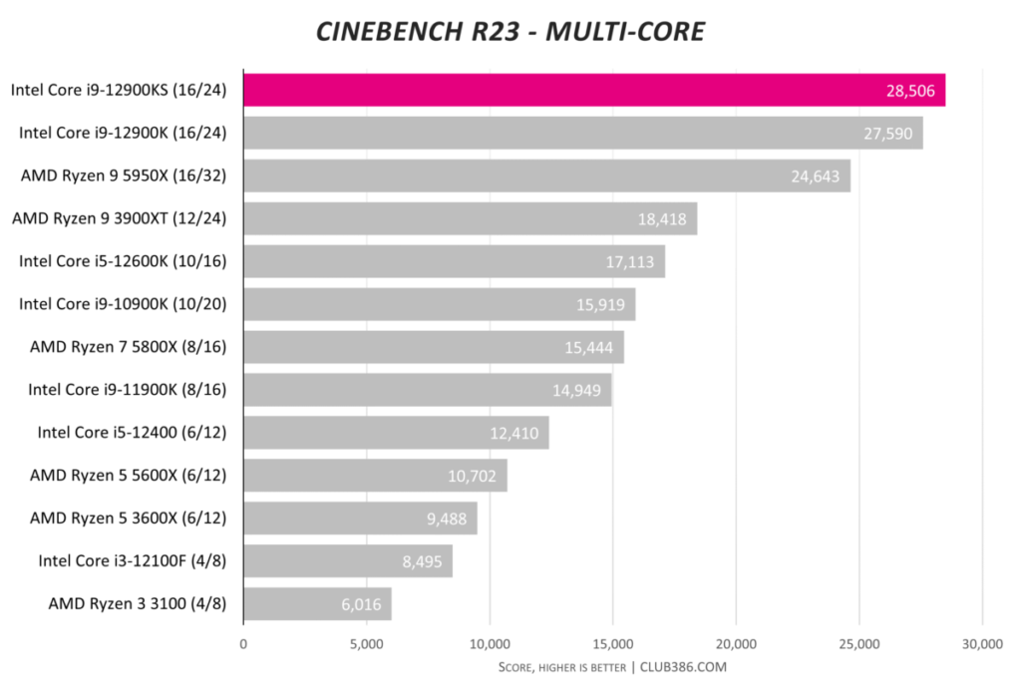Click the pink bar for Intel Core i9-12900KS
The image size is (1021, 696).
(x=593, y=90)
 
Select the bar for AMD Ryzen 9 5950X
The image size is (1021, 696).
(x=546, y=175)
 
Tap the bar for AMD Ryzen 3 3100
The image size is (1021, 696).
(x=317, y=603)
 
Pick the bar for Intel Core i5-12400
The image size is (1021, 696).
(x=396, y=433)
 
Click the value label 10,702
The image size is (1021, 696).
(x=473, y=476)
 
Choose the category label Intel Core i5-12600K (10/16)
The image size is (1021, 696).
(x=123, y=261)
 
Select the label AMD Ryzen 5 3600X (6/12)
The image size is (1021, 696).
(x=129, y=519)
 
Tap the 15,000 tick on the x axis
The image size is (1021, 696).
(x=613, y=644)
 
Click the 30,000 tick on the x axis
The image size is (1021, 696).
(x=982, y=644)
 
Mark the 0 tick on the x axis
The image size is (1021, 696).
(x=243, y=644)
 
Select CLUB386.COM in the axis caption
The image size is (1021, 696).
(x=684, y=667)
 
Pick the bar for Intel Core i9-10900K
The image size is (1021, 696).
(x=439, y=304)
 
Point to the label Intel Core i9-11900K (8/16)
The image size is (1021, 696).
(x=128, y=390)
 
